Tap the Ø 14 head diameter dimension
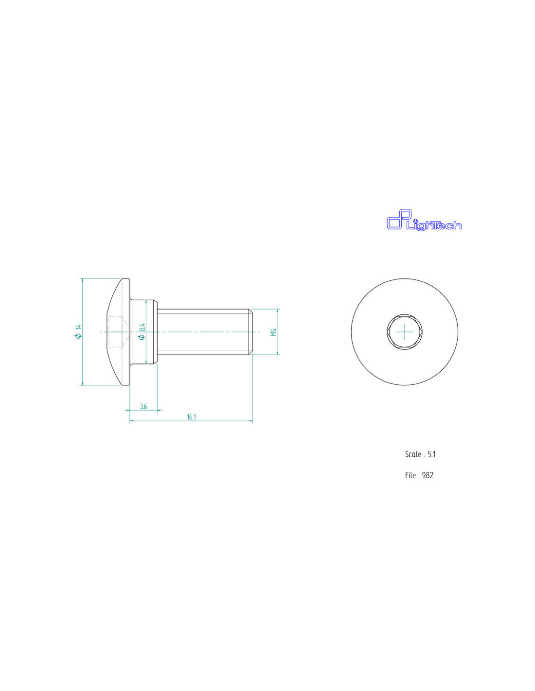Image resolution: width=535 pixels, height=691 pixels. [78, 331]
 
